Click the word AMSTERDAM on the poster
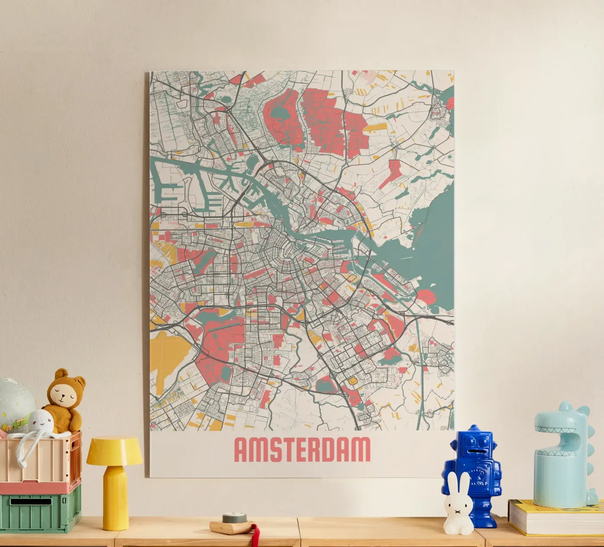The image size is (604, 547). (302, 450)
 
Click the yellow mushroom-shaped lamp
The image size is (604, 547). (115, 478)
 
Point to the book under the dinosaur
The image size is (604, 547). (554, 517)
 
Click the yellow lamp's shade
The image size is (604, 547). (115, 451)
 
